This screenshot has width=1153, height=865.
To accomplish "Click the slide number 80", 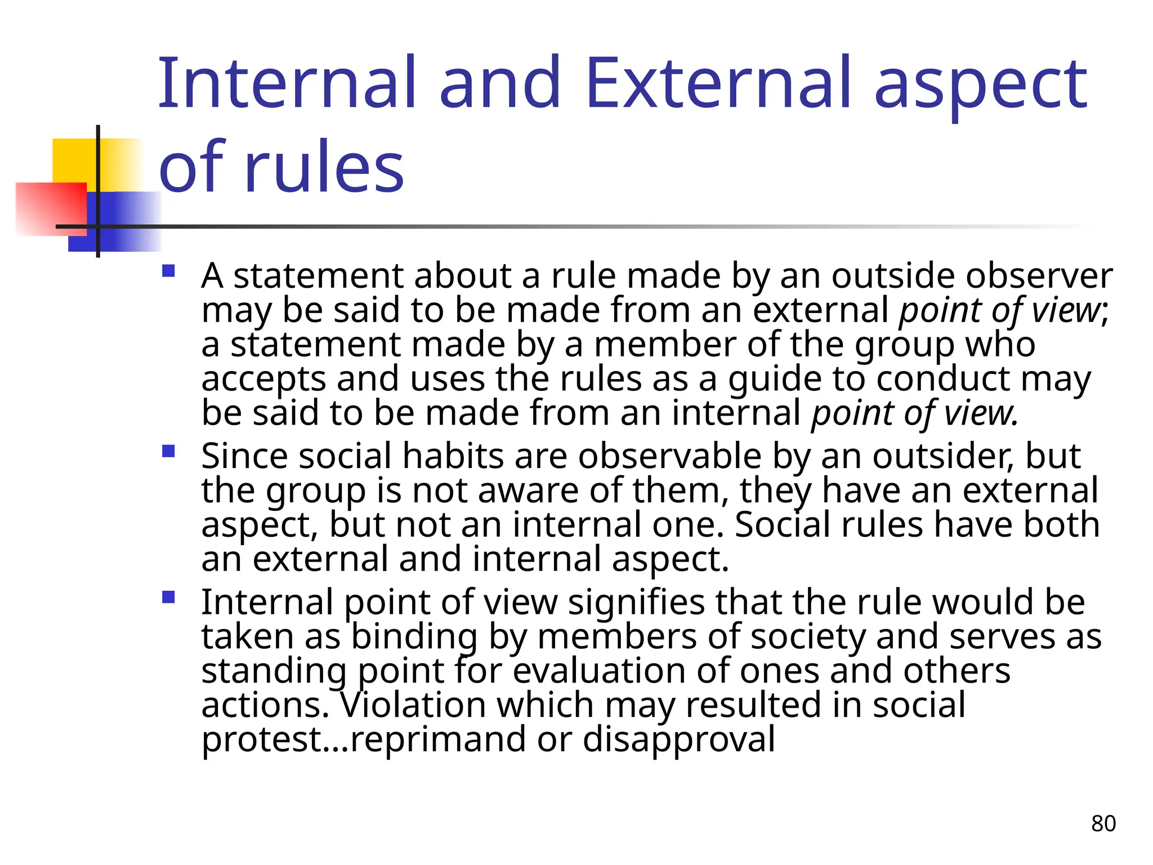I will click(x=1103, y=823).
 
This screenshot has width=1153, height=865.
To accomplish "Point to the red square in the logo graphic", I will click(x=51, y=208).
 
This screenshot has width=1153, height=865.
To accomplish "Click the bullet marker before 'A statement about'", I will click(x=168, y=272).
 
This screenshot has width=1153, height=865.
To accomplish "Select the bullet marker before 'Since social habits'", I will click(x=168, y=452).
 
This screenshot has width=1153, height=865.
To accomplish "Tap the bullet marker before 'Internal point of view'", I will click(x=168, y=597).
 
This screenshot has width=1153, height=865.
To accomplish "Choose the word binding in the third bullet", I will click(x=414, y=637).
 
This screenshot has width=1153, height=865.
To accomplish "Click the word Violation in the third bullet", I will click(x=411, y=705).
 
